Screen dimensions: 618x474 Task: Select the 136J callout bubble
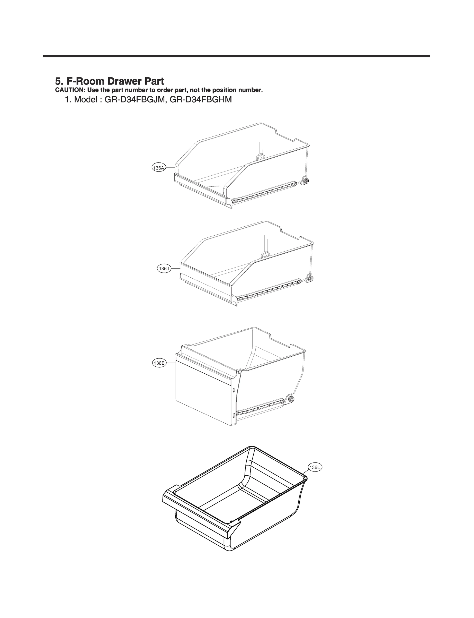[164, 268]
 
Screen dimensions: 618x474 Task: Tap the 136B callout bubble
[159, 363]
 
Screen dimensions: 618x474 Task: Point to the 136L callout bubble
[315, 467]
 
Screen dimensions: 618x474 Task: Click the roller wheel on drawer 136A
[305, 181]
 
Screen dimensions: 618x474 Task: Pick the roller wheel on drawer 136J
[310, 279]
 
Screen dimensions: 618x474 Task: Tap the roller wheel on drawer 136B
[291, 399]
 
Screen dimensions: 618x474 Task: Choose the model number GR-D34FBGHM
[201, 100]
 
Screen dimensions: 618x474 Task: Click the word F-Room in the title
[85, 81]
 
